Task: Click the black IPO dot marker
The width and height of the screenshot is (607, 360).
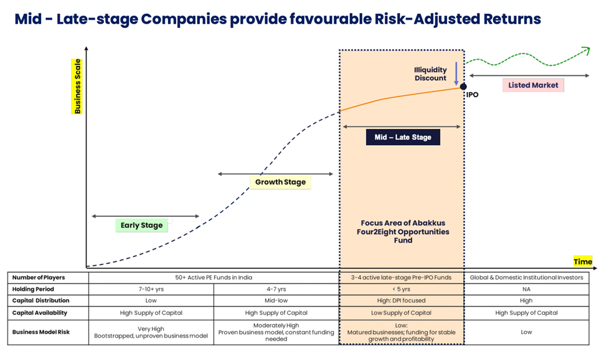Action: point(463,87)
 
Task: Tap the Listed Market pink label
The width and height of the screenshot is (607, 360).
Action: point(533,85)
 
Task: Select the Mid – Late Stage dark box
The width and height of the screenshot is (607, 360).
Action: point(403,137)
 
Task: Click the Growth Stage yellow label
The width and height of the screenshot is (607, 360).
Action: point(280,182)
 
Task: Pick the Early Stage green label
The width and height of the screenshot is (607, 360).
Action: point(142,225)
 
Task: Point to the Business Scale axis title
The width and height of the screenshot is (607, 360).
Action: point(77,87)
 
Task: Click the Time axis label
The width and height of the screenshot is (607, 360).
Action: point(583,262)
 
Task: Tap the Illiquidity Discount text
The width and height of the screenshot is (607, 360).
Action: point(430,74)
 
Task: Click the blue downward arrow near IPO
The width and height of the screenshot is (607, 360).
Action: point(456,73)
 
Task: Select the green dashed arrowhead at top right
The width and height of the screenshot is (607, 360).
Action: point(586,50)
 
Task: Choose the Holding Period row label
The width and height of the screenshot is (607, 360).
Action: point(33,289)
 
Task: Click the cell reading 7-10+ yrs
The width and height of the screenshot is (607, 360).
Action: point(151,289)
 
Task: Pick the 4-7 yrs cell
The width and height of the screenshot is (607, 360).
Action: point(276,289)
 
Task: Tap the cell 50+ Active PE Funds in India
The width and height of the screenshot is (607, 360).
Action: point(214,278)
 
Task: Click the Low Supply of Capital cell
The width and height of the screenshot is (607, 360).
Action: point(401,313)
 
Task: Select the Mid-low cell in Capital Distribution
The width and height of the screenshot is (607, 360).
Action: point(276,300)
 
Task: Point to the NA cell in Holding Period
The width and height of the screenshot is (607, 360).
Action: point(526,289)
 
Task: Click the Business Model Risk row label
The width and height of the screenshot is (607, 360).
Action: point(41,332)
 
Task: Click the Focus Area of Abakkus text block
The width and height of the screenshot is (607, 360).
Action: point(403,232)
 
